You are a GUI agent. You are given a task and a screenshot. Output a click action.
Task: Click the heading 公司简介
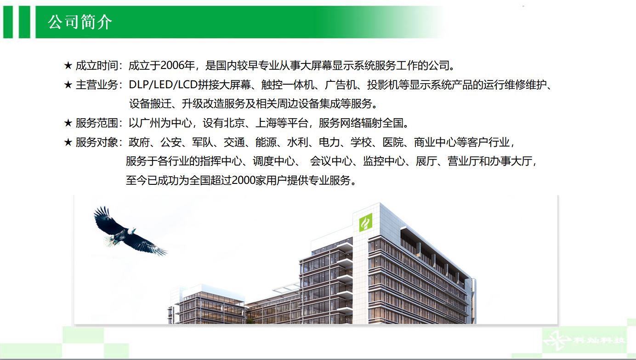click(x=80, y=22)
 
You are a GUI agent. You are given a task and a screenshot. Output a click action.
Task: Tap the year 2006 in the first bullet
click(x=172, y=66)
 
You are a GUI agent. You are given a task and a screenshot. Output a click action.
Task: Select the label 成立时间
click(x=97, y=66)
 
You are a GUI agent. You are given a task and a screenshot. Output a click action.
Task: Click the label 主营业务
click(x=97, y=85)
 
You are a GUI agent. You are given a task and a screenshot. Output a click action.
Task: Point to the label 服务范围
click(x=97, y=123)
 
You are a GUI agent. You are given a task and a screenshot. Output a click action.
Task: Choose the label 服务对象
click(x=97, y=142)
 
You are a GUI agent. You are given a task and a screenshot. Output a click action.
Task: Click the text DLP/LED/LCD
click(x=163, y=85)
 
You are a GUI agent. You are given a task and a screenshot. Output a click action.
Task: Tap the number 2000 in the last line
click(x=244, y=180)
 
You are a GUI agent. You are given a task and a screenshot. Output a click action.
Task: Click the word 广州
click(x=150, y=123)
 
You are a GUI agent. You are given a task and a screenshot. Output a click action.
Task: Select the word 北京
click(x=234, y=123)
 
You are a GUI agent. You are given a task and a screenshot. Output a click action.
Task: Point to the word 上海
click(x=266, y=123)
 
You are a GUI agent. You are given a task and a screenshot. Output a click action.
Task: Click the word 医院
click(x=393, y=142)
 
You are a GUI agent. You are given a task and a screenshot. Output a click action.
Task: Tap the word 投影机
click(x=383, y=85)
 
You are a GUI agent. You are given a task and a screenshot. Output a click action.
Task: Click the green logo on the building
click(x=365, y=223)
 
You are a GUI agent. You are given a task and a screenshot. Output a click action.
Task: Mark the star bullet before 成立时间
click(x=68, y=66)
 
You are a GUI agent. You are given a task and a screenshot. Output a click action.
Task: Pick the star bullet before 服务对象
click(x=68, y=142)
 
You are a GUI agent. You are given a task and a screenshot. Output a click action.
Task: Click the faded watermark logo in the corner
click(x=585, y=340)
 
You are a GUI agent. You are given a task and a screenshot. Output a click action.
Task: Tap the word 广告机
click(x=341, y=85)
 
